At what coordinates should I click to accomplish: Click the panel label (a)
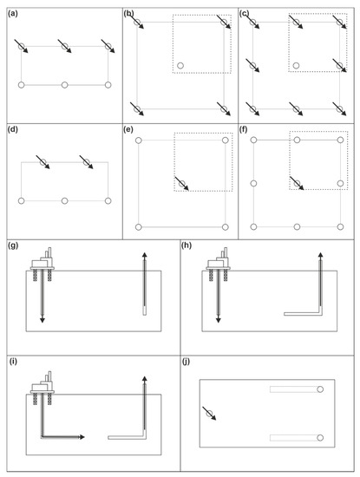pyautogui.click(x=13, y=14)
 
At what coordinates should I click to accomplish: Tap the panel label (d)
pyautogui.click(x=13, y=129)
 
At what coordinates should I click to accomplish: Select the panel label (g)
pyautogui.click(x=13, y=245)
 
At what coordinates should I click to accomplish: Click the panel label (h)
pyautogui.click(x=187, y=245)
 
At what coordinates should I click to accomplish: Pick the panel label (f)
pyautogui.click(x=244, y=129)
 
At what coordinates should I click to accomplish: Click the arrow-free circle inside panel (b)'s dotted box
pyautogui.click(x=180, y=65)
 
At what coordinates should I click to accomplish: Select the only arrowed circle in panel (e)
pyautogui.click(x=182, y=184)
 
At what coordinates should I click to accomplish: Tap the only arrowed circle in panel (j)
pyautogui.click(x=209, y=414)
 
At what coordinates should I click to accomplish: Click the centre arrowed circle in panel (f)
pyautogui.click(x=297, y=184)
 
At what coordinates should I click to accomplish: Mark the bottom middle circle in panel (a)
pyautogui.click(x=64, y=85)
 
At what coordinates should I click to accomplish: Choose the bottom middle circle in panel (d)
pyautogui.click(x=64, y=201)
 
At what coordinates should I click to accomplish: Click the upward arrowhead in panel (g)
pyautogui.click(x=145, y=255)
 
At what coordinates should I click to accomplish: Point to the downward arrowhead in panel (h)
pyautogui.click(x=219, y=320)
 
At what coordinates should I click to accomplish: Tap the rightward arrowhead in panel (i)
pyautogui.click(x=82, y=437)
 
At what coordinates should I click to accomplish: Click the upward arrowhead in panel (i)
pyautogui.click(x=145, y=379)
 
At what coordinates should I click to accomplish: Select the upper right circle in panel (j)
pyautogui.click(x=320, y=389)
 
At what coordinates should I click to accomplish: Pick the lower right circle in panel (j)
pyautogui.click(x=320, y=438)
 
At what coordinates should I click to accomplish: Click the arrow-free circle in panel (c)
pyautogui.click(x=296, y=65)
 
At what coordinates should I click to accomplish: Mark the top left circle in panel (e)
pyautogui.click(x=139, y=140)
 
